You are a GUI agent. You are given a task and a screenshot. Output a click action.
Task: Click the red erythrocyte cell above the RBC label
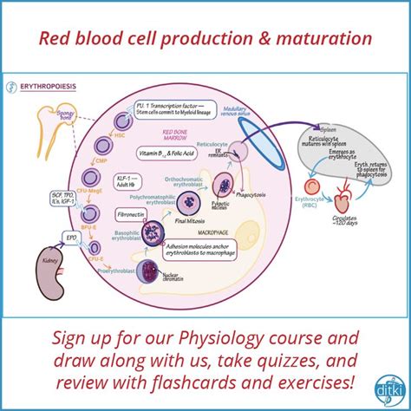point(310,188)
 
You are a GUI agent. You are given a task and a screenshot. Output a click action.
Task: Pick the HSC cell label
point(105,127)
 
